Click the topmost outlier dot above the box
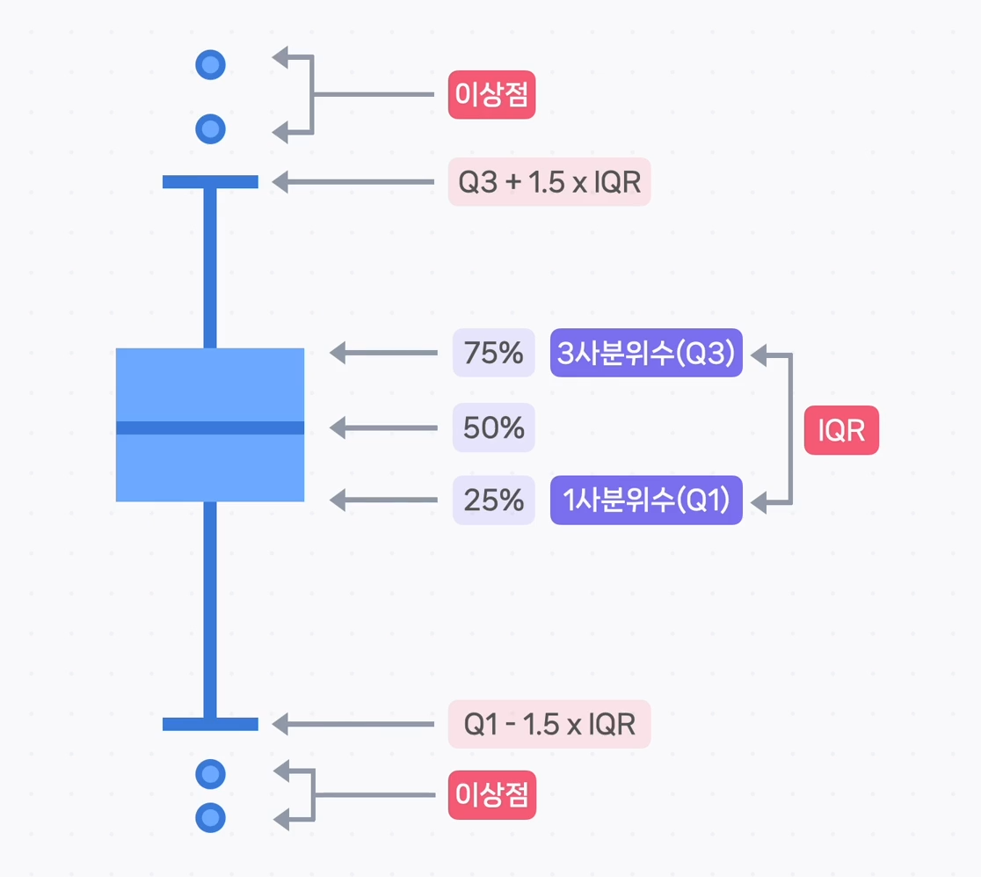point(210,64)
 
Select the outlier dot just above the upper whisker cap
point(210,129)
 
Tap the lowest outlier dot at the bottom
point(210,818)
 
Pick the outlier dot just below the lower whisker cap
point(210,774)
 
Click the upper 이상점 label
point(492,95)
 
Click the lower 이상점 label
point(492,795)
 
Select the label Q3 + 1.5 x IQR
point(549,182)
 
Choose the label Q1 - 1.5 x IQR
point(549,724)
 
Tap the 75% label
point(494,353)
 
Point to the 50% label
point(494,428)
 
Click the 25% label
point(494,501)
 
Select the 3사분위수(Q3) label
point(646,353)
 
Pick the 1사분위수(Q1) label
point(646,501)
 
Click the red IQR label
point(841,431)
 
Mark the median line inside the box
point(210,428)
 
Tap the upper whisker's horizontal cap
point(210,182)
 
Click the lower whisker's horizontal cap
point(210,724)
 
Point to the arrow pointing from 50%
point(384,428)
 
